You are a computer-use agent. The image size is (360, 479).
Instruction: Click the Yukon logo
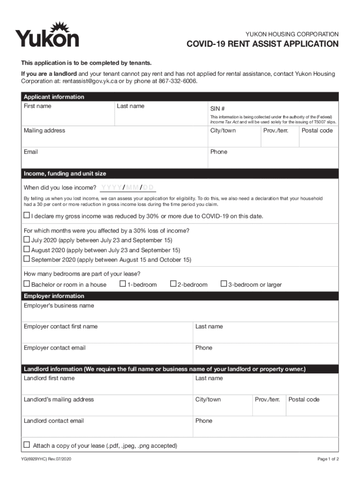tap(47, 35)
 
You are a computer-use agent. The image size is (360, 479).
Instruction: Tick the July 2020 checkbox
tap(27, 239)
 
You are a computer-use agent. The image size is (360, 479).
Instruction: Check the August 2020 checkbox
tap(27, 249)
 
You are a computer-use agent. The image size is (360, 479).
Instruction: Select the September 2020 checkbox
tap(27, 259)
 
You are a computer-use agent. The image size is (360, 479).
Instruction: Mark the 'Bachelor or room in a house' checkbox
tap(27, 284)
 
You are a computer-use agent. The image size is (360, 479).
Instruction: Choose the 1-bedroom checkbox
tap(122, 284)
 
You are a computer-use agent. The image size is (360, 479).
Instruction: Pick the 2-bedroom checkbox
tap(173, 284)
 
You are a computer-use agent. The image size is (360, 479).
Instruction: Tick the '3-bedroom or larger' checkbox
tap(223, 284)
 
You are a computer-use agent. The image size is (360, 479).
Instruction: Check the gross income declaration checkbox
tap(27, 216)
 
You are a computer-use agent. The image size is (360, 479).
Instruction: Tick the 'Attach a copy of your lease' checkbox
tap(27, 445)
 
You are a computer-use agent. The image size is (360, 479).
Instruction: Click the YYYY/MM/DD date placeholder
tap(128, 188)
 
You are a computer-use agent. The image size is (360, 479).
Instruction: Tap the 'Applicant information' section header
tap(54, 97)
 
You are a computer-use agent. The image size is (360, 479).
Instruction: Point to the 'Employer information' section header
tap(54, 296)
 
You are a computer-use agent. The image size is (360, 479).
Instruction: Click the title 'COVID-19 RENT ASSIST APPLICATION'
tap(263, 44)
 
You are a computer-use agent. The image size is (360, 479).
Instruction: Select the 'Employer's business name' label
tap(59, 305)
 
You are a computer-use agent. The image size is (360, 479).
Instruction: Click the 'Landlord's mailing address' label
tap(59, 399)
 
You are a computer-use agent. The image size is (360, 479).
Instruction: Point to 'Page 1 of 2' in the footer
tap(328, 459)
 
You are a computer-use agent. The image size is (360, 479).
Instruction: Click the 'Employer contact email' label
tap(55, 348)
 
